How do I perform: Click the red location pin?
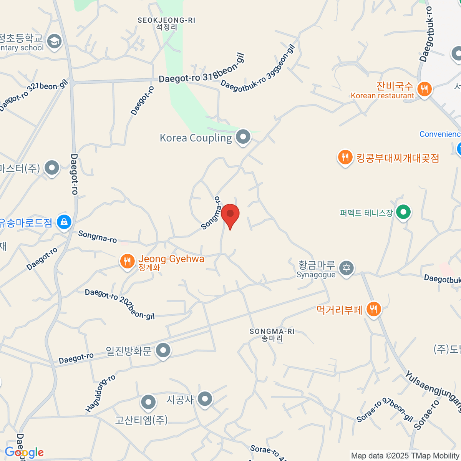230,214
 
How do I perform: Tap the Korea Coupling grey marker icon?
243,137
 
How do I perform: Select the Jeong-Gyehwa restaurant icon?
127,261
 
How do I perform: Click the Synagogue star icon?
347,268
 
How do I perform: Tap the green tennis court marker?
403,212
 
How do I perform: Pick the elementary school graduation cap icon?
54,41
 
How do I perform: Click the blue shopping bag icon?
64,222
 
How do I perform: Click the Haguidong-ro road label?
101,394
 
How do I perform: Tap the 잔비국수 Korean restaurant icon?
424,89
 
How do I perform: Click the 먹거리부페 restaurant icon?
373,309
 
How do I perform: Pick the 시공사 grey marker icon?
205,399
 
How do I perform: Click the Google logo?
24,453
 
